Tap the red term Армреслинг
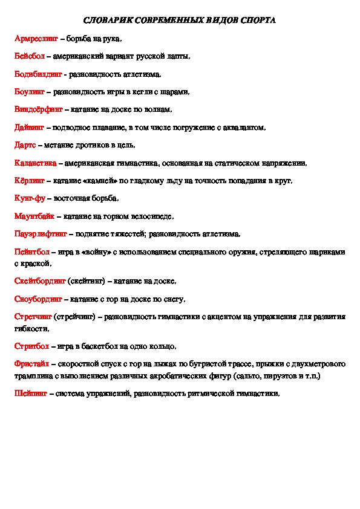[36, 39]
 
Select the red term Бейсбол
[29, 56]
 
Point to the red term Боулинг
[30, 92]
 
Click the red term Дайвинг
[29, 128]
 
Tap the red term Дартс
[26, 145]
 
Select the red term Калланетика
[36, 163]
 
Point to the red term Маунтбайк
[34, 216]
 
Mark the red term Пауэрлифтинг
[40, 234]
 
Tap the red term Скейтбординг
[39, 281]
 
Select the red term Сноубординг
[38, 299]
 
